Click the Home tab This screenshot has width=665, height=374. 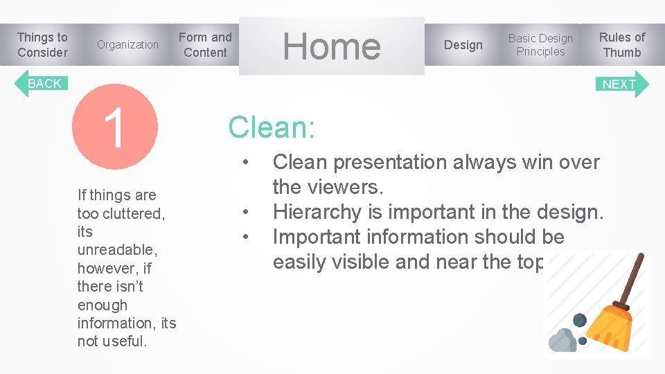point(332,46)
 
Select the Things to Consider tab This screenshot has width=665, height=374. point(42,45)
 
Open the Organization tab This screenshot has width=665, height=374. point(127,45)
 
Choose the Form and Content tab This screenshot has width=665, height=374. point(205,45)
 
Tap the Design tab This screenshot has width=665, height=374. point(463,45)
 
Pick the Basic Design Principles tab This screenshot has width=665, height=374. point(540,45)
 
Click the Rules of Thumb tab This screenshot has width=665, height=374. point(621,45)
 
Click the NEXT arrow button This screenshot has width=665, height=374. point(622,84)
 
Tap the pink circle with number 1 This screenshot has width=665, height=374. point(115,127)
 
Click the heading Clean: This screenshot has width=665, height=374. point(272,127)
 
